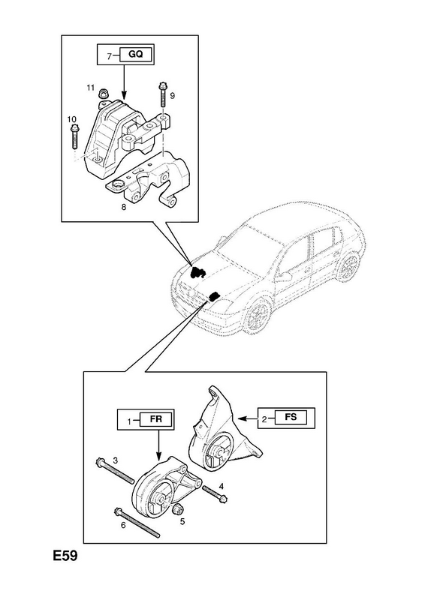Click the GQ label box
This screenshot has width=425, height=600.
coord(136,54)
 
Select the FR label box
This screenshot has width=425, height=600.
coord(156,419)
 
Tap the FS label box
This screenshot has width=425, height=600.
coord(291,417)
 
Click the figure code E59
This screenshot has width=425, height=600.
coord(65,556)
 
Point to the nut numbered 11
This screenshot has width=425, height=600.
coord(103,93)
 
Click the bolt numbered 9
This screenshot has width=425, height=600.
coord(161,95)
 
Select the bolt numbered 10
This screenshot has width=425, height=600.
coord(74,136)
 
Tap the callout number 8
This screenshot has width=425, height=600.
coord(123,207)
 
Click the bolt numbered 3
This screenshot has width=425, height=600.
coord(115,469)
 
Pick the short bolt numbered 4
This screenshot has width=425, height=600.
coord(215,494)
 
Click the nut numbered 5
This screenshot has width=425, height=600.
coord(177,509)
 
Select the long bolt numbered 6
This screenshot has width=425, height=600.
coord(137,522)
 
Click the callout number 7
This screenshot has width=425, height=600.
coord(109,56)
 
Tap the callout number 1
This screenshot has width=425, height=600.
coord(130,421)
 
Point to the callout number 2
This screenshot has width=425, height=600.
coord(264,419)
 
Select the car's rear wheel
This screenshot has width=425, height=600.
coord(349,267)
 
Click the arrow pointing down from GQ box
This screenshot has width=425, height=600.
coord(123,81)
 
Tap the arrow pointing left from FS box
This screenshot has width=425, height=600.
coord(248,419)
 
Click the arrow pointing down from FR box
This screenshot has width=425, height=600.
coord(158,443)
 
